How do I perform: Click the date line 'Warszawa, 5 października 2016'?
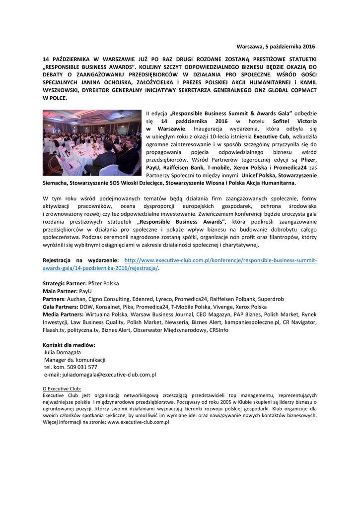pyautogui.click(x=276, y=47)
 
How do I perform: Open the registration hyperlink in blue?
pyautogui.click(x=220, y=260)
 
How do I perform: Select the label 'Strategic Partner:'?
pyautogui.click(x=65, y=283)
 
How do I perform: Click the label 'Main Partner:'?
pyautogui.click(x=60, y=291)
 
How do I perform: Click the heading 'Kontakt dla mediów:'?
pyautogui.click(x=69, y=345)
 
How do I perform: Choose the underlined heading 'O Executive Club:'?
pyautogui.click(x=62, y=389)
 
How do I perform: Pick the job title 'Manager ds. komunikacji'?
pyautogui.click(x=74, y=360)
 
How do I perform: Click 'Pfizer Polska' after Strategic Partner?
pyautogui.click(x=103, y=283)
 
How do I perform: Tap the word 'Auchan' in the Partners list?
pyautogui.click(x=77, y=299)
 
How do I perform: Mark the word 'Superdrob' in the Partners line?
pyautogui.click(x=271, y=299)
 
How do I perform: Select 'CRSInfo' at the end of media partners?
pyautogui.click(x=219, y=330)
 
